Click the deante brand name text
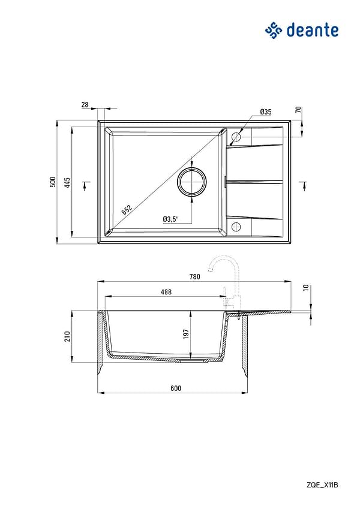point(313,30)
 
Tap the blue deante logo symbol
point(273,31)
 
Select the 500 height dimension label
point(53,182)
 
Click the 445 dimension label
point(67,183)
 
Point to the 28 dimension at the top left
point(85,104)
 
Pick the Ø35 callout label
point(265,112)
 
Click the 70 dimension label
point(299,110)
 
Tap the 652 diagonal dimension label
point(127,210)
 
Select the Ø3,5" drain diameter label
point(171,219)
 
